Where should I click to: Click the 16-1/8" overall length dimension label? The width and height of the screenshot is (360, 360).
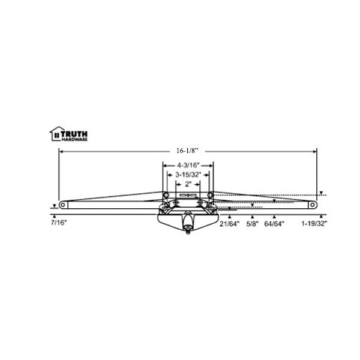pyautogui.click(x=187, y=151)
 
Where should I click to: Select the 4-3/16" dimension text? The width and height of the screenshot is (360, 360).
pyautogui.click(x=188, y=165)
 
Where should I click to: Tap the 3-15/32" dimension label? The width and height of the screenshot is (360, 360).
pyautogui.click(x=188, y=175)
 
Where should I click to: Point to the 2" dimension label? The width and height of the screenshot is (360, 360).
pyautogui.click(x=188, y=184)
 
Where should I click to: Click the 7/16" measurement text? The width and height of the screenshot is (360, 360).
pyautogui.click(x=59, y=223)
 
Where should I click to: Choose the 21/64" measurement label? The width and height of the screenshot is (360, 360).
pyautogui.click(x=229, y=224)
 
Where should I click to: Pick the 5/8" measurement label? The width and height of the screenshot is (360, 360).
pyautogui.click(x=253, y=224)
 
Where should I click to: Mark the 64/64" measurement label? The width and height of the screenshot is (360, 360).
pyautogui.click(x=274, y=224)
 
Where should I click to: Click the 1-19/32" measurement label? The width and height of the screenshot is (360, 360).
pyautogui.click(x=314, y=224)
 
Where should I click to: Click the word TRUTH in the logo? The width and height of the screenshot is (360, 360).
pyautogui.click(x=74, y=134)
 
